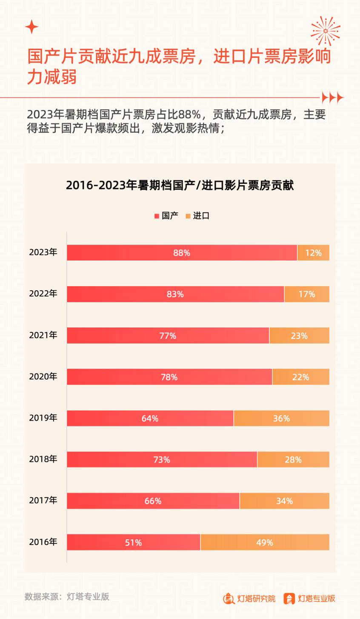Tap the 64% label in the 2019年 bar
(150, 418)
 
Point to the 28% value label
(293, 460)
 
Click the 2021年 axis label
(43, 335)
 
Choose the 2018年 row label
(43, 459)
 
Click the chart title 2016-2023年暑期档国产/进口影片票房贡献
(180, 186)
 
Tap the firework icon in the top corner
(326, 31)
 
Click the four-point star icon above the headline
(31, 27)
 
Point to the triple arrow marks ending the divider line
(332, 98)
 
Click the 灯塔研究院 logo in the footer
(249, 598)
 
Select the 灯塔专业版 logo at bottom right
(310, 598)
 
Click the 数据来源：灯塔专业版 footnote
(67, 596)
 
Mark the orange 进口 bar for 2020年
(300, 377)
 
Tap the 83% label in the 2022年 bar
(175, 294)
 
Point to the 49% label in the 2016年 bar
(265, 542)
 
